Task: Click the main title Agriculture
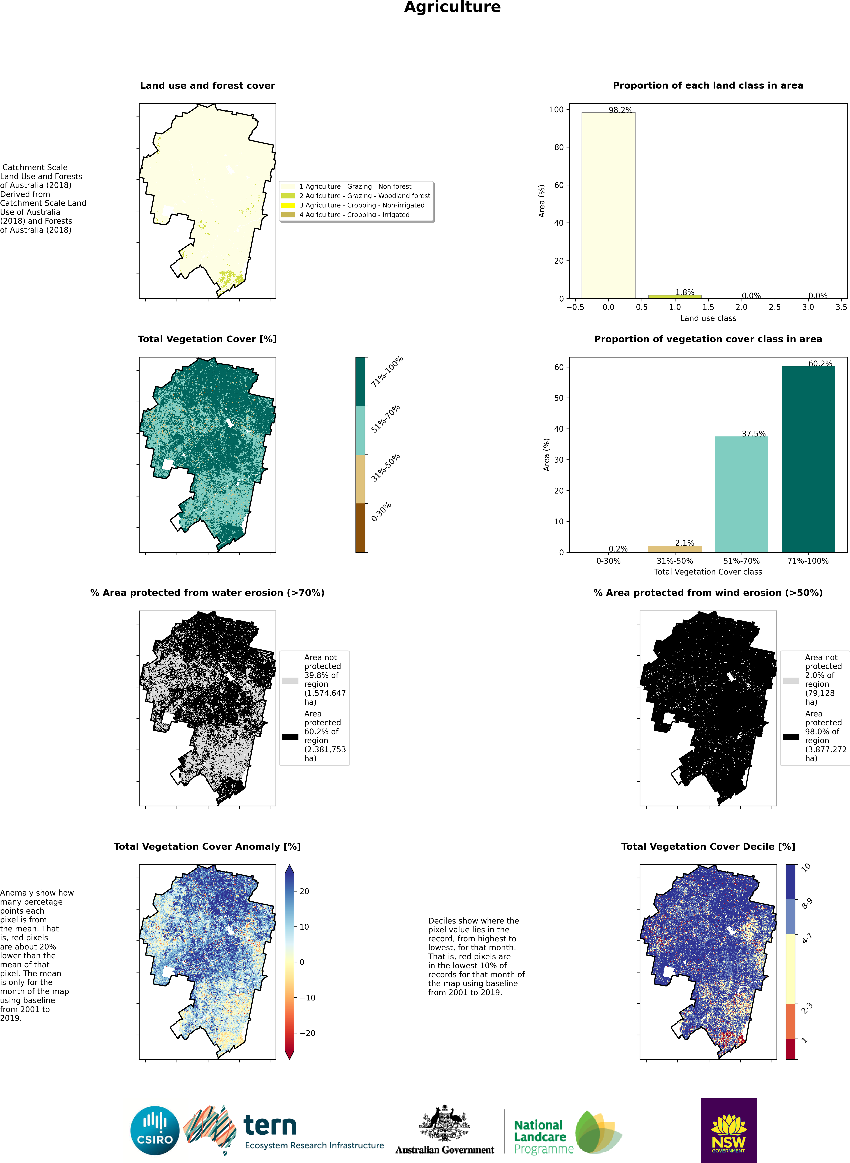tap(452, 7)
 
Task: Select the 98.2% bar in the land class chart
tap(608, 205)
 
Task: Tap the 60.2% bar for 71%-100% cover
tap(808, 459)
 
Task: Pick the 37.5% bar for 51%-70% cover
tap(741, 494)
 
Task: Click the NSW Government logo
tap(728, 1130)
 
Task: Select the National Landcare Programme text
tap(544, 1137)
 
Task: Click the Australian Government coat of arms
tap(445, 1123)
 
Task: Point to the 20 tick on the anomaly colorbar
tap(304, 891)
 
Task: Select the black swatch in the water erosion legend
tap(290, 736)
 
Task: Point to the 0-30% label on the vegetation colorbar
tap(381, 512)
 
